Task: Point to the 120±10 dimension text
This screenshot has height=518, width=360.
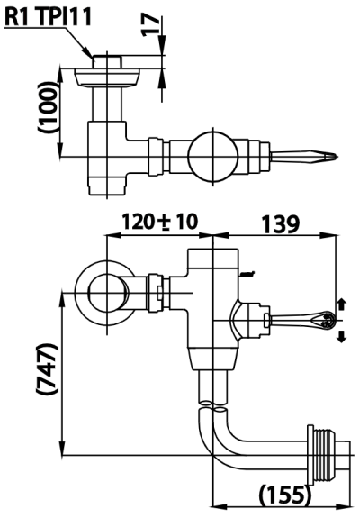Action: [x=160, y=222]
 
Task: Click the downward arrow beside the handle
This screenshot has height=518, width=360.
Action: [x=341, y=336]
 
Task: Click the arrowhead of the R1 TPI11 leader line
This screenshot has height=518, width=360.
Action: [x=90, y=56]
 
